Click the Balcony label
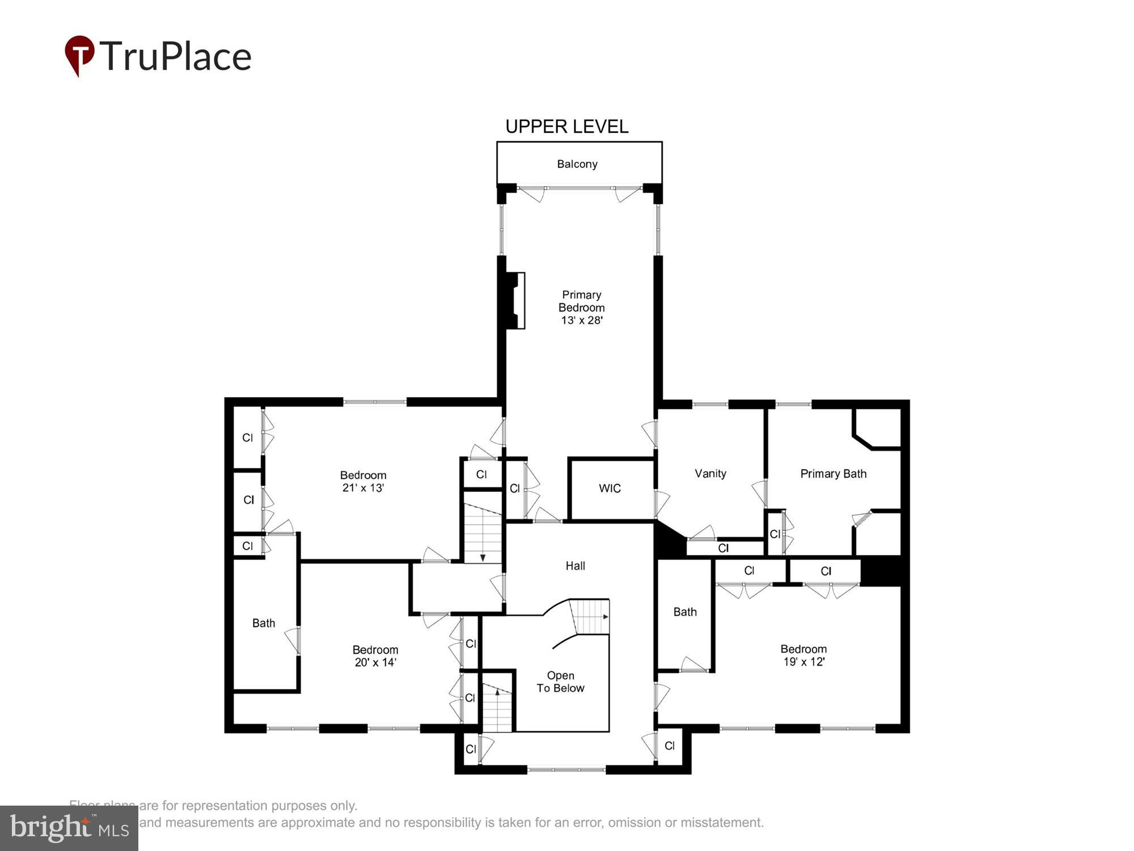click(x=577, y=164)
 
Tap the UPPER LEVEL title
click(x=566, y=127)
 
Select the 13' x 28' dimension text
click(x=581, y=321)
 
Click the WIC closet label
click(x=610, y=488)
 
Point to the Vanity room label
click(x=710, y=473)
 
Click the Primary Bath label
click(x=833, y=474)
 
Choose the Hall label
click(x=575, y=566)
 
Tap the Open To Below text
click(x=560, y=682)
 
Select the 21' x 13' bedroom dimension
click(x=363, y=488)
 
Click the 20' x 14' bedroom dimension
click(x=375, y=662)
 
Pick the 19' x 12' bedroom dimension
click(x=803, y=662)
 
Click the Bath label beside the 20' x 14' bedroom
click(x=263, y=623)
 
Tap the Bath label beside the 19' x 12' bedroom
click(x=684, y=612)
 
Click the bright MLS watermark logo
click(x=69, y=828)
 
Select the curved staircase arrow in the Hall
click(x=605, y=617)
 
